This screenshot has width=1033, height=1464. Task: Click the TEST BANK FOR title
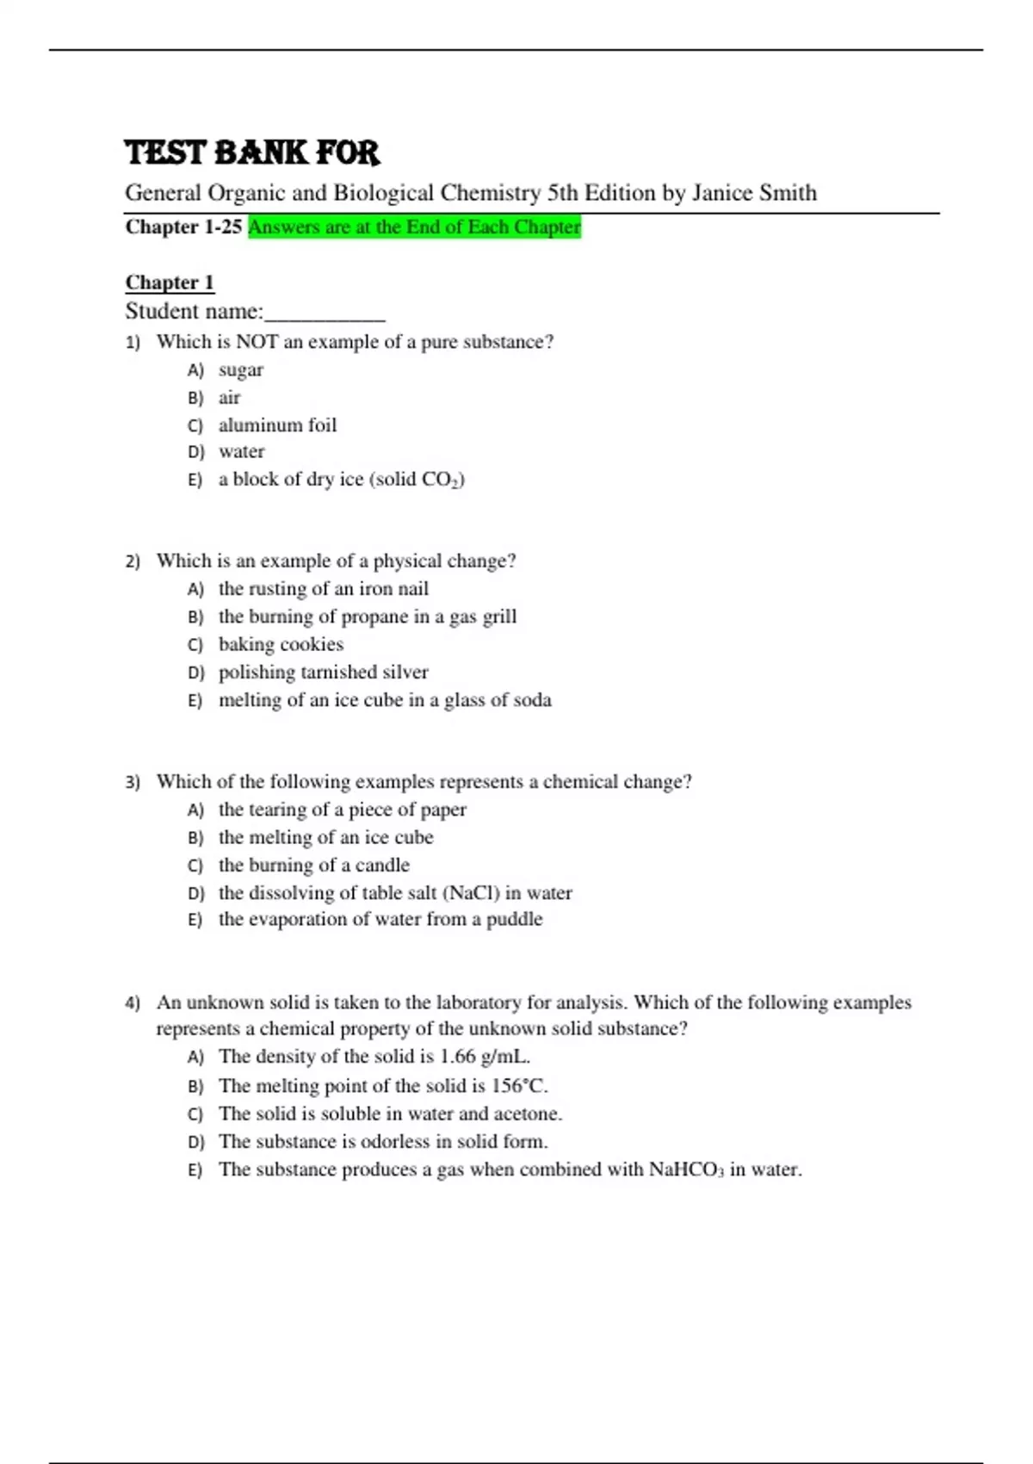[x=251, y=153]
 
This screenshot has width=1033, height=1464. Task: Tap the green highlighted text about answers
[x=414, y=227]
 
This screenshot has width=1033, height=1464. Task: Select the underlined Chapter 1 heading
[x=170, y=282]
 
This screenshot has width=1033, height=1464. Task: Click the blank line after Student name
[x=325, y=313]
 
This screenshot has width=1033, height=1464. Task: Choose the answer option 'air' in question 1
[x=229, y=398]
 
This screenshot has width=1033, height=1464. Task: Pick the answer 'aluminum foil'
[x=277, y=425]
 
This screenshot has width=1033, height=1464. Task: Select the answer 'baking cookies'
[x=281, y=645]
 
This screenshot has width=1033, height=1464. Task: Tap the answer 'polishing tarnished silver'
[x=323, y=673]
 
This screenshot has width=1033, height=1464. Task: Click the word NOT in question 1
[x=257, y=342]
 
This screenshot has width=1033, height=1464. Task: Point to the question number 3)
[x=133, y=782]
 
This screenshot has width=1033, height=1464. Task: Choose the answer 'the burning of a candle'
[x=313, y=865]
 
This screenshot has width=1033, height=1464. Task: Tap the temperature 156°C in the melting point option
[x=519, y=1086]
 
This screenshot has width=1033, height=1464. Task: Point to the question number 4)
[x=133, y=1002]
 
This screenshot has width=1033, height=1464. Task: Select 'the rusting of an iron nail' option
[x=323, y=589]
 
